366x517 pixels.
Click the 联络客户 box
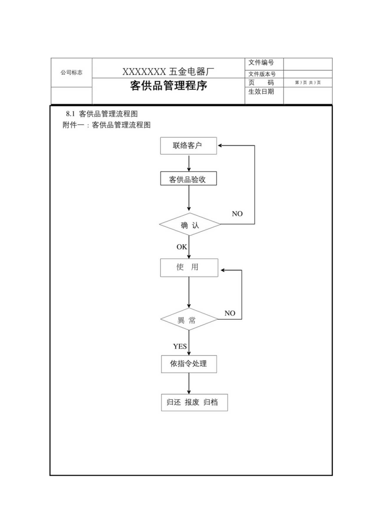pos(189,146)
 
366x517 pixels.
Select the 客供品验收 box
pos(189,179)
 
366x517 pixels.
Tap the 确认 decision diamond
pos(190,225)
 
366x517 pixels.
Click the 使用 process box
pos(189,267)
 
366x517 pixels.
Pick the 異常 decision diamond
pos(189,319)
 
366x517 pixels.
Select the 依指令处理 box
pos(189,364)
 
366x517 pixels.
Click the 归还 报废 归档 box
pos(194,402)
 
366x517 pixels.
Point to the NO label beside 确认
pos(237,214)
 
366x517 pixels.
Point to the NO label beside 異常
pos(230,313)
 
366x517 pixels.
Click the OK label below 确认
pos(181,247)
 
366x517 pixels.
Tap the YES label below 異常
pos(179,346)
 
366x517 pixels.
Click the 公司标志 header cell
pos(72,72)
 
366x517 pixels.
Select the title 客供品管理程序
pos(169,86)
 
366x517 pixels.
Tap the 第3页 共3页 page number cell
pos(308,83)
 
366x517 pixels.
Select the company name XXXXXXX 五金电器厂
pos(168,72)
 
